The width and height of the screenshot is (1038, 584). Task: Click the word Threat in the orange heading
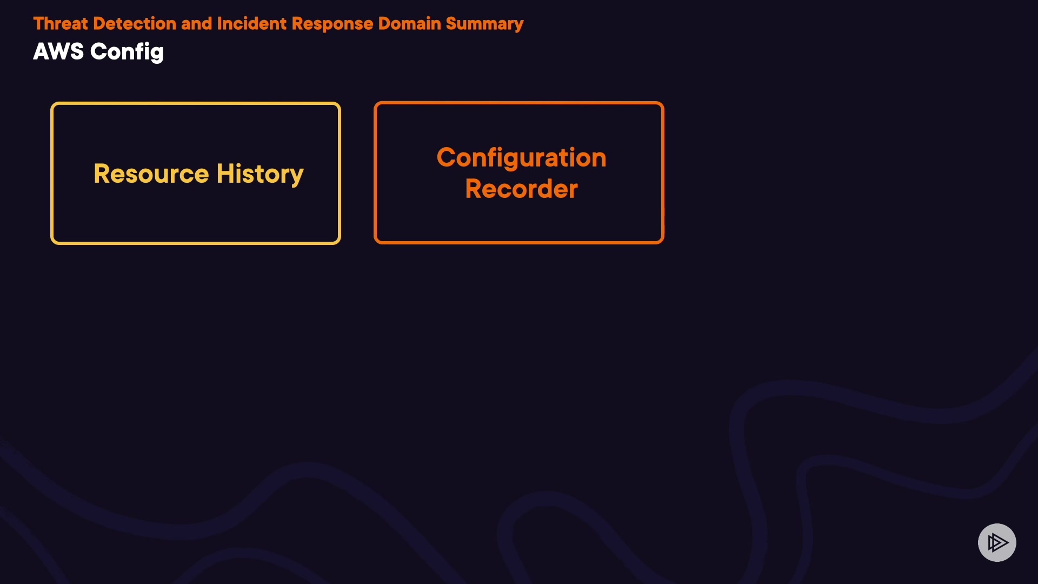pyautogui.click(x=60, y=24)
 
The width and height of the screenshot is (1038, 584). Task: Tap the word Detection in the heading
pyautogui.click(x=134, y=24)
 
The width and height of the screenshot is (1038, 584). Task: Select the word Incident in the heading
pyautogui.click(x=251, y=24)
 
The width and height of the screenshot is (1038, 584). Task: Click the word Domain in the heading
pyautogui.click(x=409, y=24)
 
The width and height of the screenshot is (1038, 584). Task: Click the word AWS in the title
pyautogui.click(x=58, y=52)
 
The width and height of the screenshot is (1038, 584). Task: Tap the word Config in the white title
pyautogui.click(x=127, y=52)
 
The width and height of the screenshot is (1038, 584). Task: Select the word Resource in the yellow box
pyautogui.click(x=151, y=174)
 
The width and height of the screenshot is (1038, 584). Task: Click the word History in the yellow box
pyautogui.click(x=259, y=175)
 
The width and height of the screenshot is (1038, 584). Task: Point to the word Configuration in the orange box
pyautogui.click(x=521, y=158)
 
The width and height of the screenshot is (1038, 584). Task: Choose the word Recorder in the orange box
pyautogui.click(x=521, y=189)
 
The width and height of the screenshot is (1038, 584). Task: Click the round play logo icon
pyautogui.click(x=997, y=542)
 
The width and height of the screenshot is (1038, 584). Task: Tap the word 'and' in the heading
pyautogui.click(x=196, y=24)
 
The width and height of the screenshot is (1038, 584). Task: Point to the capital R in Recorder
pyautogui.click(x=474, y=189)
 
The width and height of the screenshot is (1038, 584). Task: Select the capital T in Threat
pyautogui.click(x=39, y=24)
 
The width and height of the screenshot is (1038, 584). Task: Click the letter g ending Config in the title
pyautogui.click(x=156, y=54)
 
